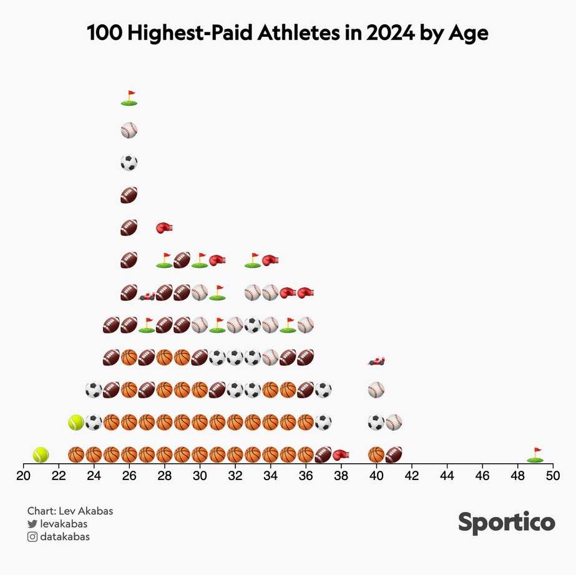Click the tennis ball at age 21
click(x=41, y=454)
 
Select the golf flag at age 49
click(x=535, y=455)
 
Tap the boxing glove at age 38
click(x=341, y=455)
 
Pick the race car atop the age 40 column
click(x=376, y=360)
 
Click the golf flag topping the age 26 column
click(x=129, y=97)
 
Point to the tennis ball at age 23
click(x=76, y=422)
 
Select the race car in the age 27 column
click(x=147, y=295)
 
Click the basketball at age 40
click(x=376, y=454)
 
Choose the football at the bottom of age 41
click(x=394, y=454)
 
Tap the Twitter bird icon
click(x=32, y=524)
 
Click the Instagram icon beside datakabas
click(x=32, y=536)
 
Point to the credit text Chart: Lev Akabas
click(x=70, y=511)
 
